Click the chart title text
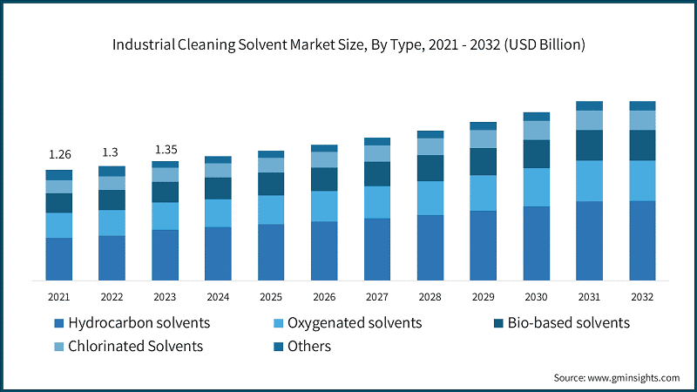coord(348,43)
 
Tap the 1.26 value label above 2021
coord(59,154)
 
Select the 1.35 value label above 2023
coord(165,148)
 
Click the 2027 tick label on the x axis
coord(377,297)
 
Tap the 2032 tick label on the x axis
coord(642,297)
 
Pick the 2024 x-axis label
coord(218,297)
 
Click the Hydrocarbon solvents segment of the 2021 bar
coord(59,259)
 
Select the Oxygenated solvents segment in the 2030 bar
coord(536,187)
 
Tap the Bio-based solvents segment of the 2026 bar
coord(324,179)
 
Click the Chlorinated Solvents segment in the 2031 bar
coord(589,120)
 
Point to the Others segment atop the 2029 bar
coord(483,126)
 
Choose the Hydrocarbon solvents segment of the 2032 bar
coord(642,240)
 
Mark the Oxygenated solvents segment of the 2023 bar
coord(165,216)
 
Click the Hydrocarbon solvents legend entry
coord(131,323)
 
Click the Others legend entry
coord(305,346)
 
